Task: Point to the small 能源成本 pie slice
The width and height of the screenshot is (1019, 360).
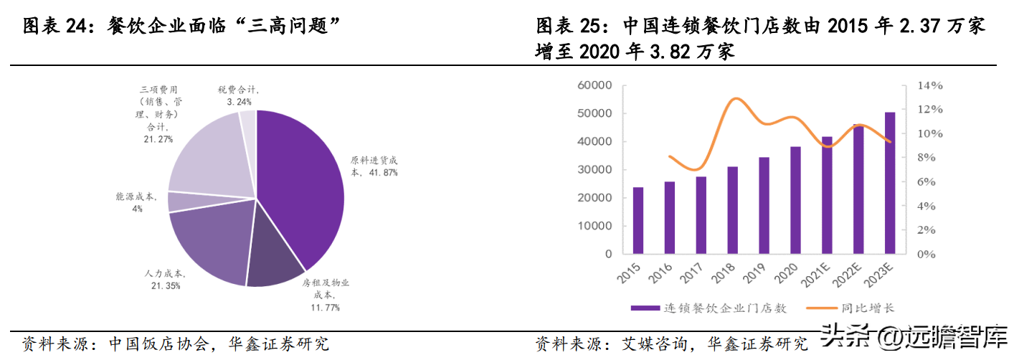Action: pos(176,202)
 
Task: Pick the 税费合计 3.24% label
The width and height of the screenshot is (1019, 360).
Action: pos(239,95)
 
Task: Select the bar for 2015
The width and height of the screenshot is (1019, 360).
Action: pos(638,220)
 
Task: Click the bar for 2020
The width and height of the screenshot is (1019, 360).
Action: pos(795,200)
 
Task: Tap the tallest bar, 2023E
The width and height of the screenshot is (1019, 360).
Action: pos(890,183)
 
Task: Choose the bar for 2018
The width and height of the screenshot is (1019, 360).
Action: pos(732,210)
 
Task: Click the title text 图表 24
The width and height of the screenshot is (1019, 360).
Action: pos(54,27)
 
